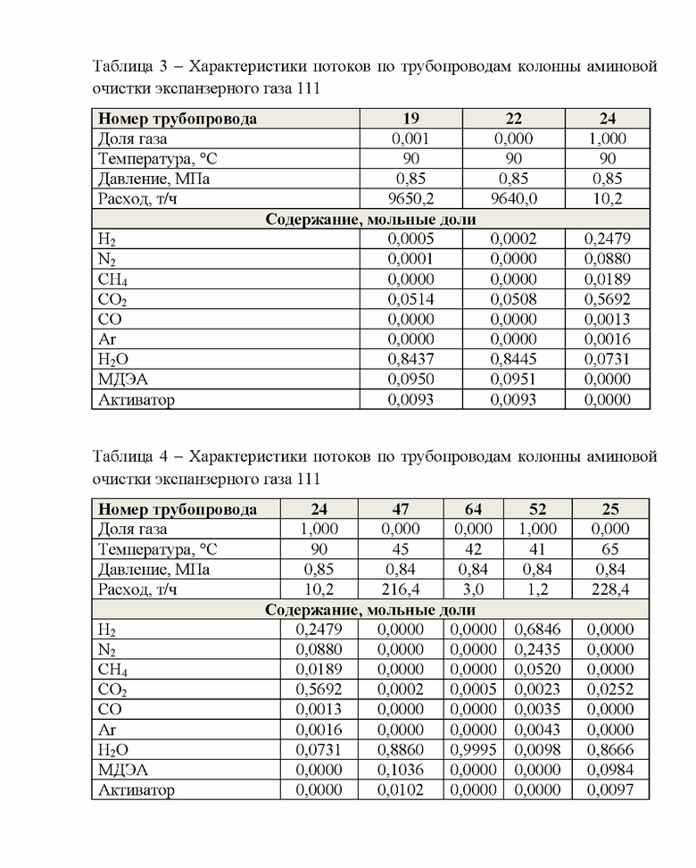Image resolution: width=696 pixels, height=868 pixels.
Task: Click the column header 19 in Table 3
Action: pyautogui.click(x=411, y=118)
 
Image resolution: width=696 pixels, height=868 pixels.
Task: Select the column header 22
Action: pyautogui.click(x=513, y=118)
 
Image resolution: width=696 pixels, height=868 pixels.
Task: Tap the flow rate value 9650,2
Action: pyautogui.click(x=411, y=198)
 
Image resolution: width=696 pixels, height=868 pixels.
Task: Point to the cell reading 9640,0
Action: pyautogui.click(x=513, y=198)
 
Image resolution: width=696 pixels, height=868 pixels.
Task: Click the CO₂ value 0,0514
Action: pyautogui.click(x=411, y=299)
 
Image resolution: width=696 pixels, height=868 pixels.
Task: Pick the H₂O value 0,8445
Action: pyautogui.click(x=513, y=359)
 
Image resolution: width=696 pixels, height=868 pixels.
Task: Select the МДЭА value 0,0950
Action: pyautogui.click(x=411, y=380)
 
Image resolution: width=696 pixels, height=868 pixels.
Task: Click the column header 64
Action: pyautogui.click(x=473, y=509)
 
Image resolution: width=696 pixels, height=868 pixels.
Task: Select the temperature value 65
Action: pyautogui.click(x=610, y=549)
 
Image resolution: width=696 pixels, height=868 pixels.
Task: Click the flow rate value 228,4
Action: pyautogui.click(x=610, y=589)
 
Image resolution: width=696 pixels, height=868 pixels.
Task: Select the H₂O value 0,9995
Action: pyautogui.click(x=473, y=750)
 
